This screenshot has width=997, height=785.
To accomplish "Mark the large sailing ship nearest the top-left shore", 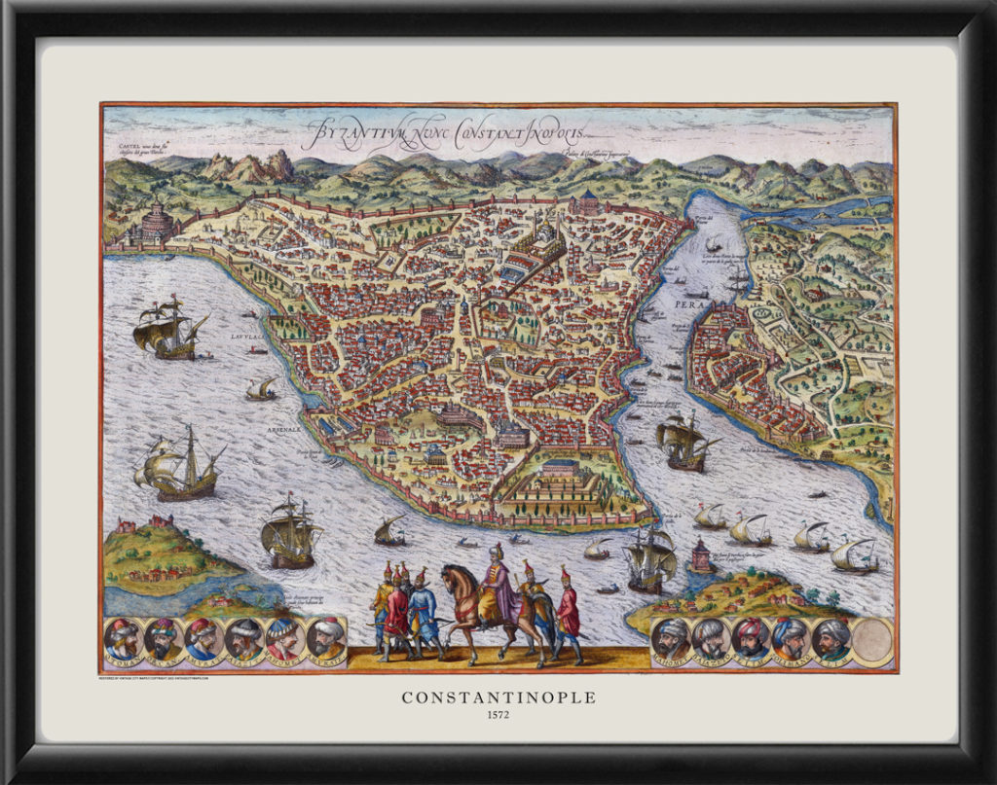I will pyautogui.click(x=170, y=329).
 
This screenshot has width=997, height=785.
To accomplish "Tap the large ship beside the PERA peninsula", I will pyautogui.click(x=685, y=443).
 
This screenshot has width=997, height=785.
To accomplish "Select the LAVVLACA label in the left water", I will pyautogui.click(x=247, y=333).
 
